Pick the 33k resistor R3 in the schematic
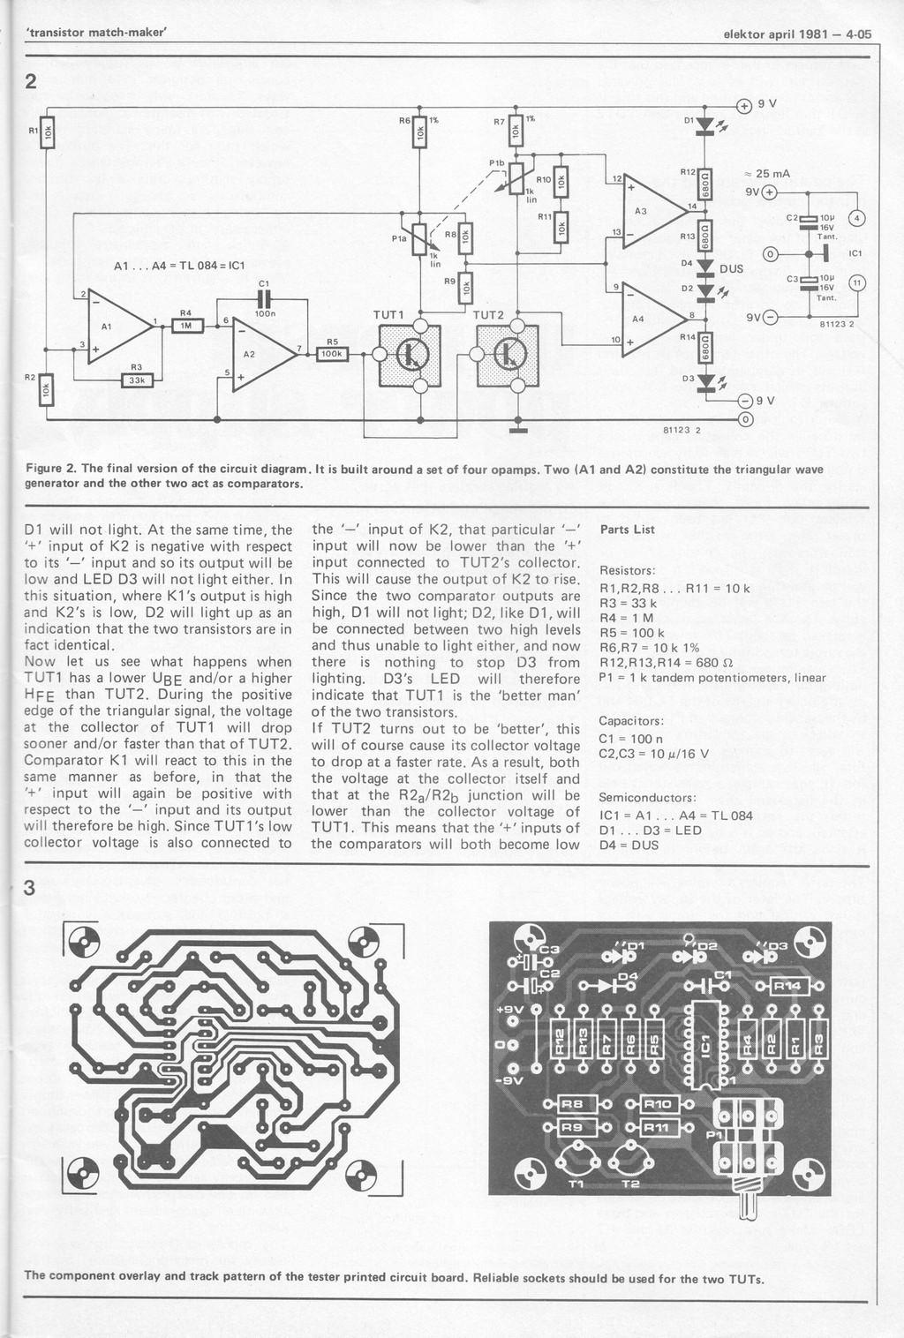[x=137, y=380]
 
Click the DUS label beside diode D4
[x=732, y=268]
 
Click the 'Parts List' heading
[x=627, y=530]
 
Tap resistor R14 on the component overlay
[x=787, y=986]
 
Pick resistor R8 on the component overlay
[x=572, y=1103]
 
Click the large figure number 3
[x=30, y=889]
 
